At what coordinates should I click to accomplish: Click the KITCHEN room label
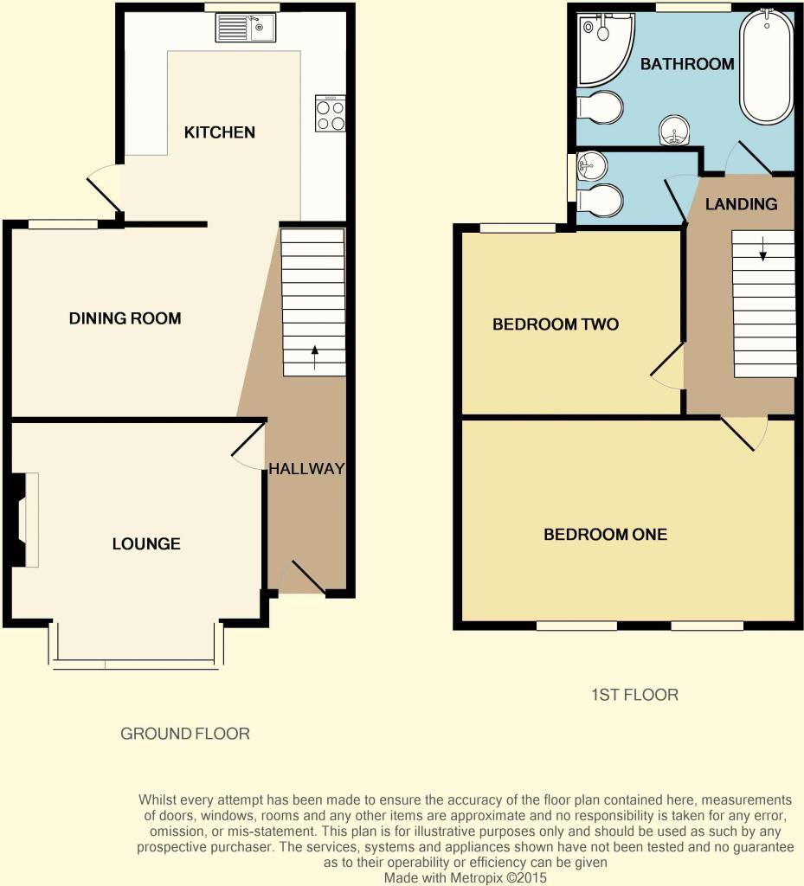(220, 132)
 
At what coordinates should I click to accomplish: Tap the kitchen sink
(245, 28)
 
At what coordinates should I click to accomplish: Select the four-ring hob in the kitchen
(331, 113)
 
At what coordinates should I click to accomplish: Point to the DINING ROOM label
(125, 318)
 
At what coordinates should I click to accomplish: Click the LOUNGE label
(146, 543)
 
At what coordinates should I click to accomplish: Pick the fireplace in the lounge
(23, 520)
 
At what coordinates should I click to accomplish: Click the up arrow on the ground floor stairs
(315, 357)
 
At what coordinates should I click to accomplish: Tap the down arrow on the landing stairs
(762, 248)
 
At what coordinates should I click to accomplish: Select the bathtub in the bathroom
(767, 66)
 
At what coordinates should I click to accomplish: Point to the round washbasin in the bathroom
(674, 131)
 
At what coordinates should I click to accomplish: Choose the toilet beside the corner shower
(600, 107)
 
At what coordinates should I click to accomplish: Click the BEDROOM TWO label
(556, 324)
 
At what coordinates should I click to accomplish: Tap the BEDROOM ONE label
(605, 535)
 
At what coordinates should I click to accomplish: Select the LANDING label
(741, 204)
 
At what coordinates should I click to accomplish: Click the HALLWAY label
(306, 468)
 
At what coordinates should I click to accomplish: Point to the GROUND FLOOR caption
(184, 734)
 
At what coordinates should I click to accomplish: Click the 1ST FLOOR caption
(634, 695)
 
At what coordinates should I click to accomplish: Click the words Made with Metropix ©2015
(466, 877)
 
